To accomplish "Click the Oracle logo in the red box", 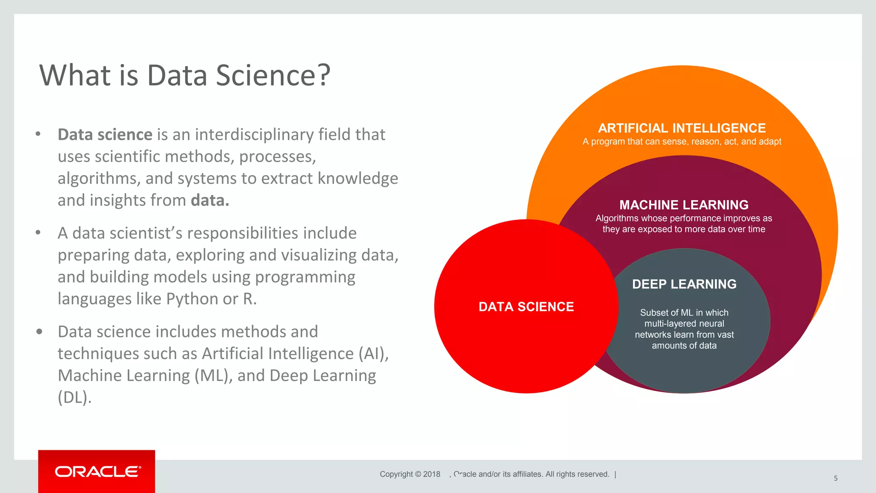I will point(98,472).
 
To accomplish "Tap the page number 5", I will point(835,478).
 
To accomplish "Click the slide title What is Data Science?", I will point(185,75).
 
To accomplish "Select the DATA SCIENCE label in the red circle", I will point(526,307).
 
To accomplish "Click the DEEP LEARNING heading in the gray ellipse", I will point(684,284).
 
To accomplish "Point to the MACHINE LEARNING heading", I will point(684,205).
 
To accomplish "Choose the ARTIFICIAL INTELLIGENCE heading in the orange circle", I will point(682,128).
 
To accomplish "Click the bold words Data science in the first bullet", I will point(105,135).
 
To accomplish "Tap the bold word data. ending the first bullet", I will point(210,200).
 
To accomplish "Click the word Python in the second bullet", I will point(192,299).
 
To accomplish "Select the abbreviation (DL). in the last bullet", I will point(74,398).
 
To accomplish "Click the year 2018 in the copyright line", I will point(432,474).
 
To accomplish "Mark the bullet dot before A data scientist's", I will point(38,233).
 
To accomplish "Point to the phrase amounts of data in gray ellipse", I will point(684,345).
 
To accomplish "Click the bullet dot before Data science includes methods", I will point(39,331).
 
